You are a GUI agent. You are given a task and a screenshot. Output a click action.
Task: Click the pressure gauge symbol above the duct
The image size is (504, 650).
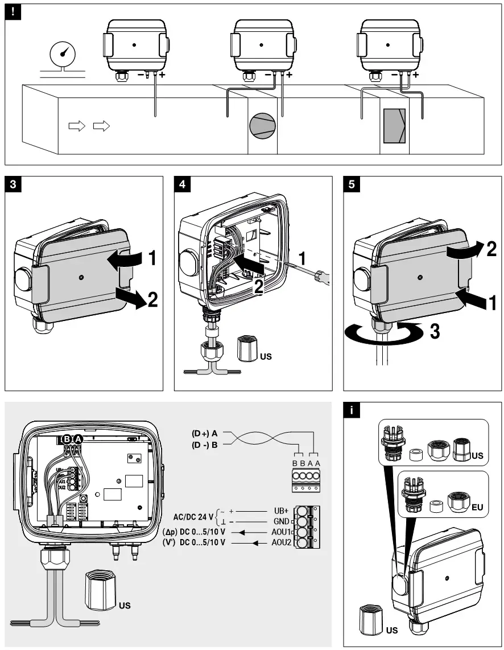(x=61, y=55)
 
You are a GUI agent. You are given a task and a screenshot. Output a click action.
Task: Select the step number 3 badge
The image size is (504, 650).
(x=13, y=183)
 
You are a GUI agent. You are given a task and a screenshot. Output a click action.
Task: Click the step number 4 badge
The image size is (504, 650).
(x=181, y=183)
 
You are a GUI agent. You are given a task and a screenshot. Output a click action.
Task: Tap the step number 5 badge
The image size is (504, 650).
(x=352, y=183)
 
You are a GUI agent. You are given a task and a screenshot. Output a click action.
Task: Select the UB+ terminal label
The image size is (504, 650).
(x=281, y=511)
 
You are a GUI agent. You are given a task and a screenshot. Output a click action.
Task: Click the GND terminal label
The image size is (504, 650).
(x=281, y=522)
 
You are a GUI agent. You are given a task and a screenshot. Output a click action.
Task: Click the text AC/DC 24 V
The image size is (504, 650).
(x=193, y=517)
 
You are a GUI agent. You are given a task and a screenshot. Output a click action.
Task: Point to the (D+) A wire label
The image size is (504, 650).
(x=205, y=433)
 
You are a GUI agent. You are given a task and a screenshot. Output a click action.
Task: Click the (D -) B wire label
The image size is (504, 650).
(x=205, y=445)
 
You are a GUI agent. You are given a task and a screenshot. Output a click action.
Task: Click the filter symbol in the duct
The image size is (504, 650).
(x=394, y=126)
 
